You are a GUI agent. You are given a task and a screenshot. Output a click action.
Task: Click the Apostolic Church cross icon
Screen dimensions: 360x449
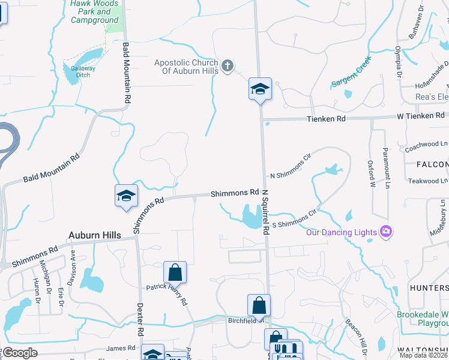click(227, 66)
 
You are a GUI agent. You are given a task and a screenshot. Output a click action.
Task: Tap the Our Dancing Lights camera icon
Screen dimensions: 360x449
click(386, 232)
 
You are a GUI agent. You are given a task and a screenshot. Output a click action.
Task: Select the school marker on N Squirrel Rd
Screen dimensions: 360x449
click(260, 89)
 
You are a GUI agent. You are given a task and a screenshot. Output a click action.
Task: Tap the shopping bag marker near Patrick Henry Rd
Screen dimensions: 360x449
click(175, 272)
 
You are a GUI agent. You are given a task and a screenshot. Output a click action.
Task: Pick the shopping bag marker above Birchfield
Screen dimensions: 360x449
click(259, 305)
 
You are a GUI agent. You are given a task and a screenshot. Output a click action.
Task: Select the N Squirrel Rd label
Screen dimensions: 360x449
click(265, 217)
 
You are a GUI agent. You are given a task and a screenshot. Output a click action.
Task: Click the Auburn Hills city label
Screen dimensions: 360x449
click(95, 235)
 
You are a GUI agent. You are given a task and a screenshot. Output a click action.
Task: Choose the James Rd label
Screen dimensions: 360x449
click(121, 348)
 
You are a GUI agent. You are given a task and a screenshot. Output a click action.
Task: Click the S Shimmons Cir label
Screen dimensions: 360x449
click(294, 219)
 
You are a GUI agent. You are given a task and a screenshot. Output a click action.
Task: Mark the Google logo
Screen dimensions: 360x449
click(20, 353)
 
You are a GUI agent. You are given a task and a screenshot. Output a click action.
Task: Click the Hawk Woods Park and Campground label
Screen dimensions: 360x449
click(95, 11)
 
